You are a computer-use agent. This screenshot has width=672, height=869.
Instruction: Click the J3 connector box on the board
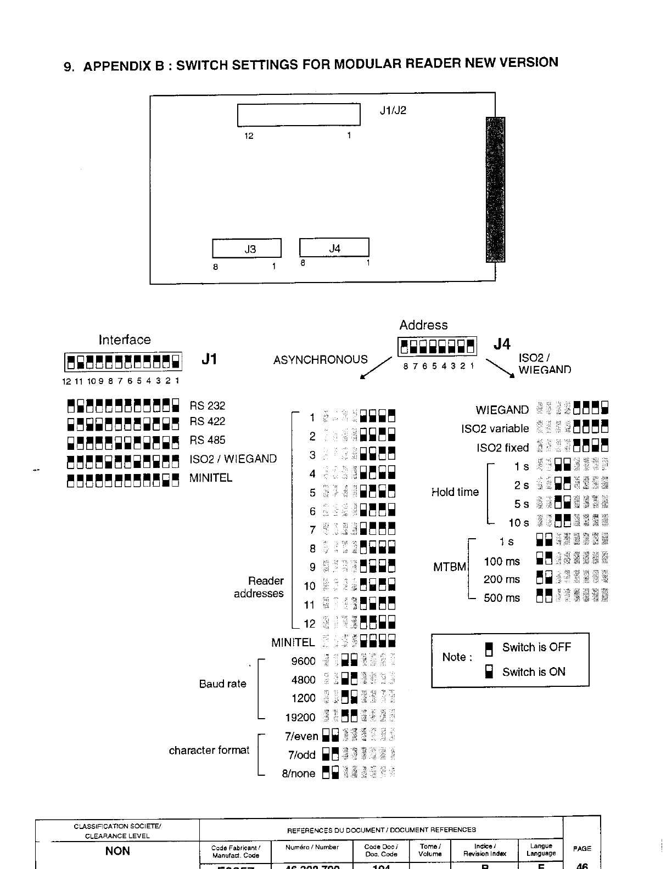coord(247,249)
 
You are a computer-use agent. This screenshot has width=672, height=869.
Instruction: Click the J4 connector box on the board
coord(334,248)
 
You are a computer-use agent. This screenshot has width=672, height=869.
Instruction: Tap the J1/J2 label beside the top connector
coord(393,110)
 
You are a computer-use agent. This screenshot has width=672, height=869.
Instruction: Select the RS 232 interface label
coord(208,406)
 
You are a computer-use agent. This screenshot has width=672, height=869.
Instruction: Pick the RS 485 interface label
coord(208,440)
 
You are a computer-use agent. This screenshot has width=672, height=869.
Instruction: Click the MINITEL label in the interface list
coord(211,478)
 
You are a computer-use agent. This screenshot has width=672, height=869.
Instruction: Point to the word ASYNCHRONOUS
coord(321,360)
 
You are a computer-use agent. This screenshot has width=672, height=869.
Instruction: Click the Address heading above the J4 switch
coord(423,325)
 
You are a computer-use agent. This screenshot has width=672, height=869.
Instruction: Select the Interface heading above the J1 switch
coord(125,340)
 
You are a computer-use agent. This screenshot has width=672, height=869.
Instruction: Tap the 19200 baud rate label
coord(300,718)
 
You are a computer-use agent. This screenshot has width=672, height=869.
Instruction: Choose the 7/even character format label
coord(301,736)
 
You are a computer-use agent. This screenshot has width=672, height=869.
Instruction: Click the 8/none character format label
coord(299,774)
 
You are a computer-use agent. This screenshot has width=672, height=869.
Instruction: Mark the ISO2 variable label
coord(495,429)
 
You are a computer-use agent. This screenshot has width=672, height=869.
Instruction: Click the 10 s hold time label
coord(519,523)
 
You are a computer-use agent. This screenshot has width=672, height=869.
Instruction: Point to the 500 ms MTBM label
coord(502,598)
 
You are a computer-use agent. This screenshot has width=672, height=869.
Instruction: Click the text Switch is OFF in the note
coord(536,647)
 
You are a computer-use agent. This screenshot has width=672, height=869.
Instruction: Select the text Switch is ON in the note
coord(534,672)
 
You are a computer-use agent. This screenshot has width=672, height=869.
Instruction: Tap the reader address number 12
coord(310,624)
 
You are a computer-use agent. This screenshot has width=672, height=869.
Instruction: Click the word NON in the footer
coord(117,851)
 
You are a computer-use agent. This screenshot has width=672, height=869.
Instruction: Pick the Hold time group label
coord(455,492)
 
